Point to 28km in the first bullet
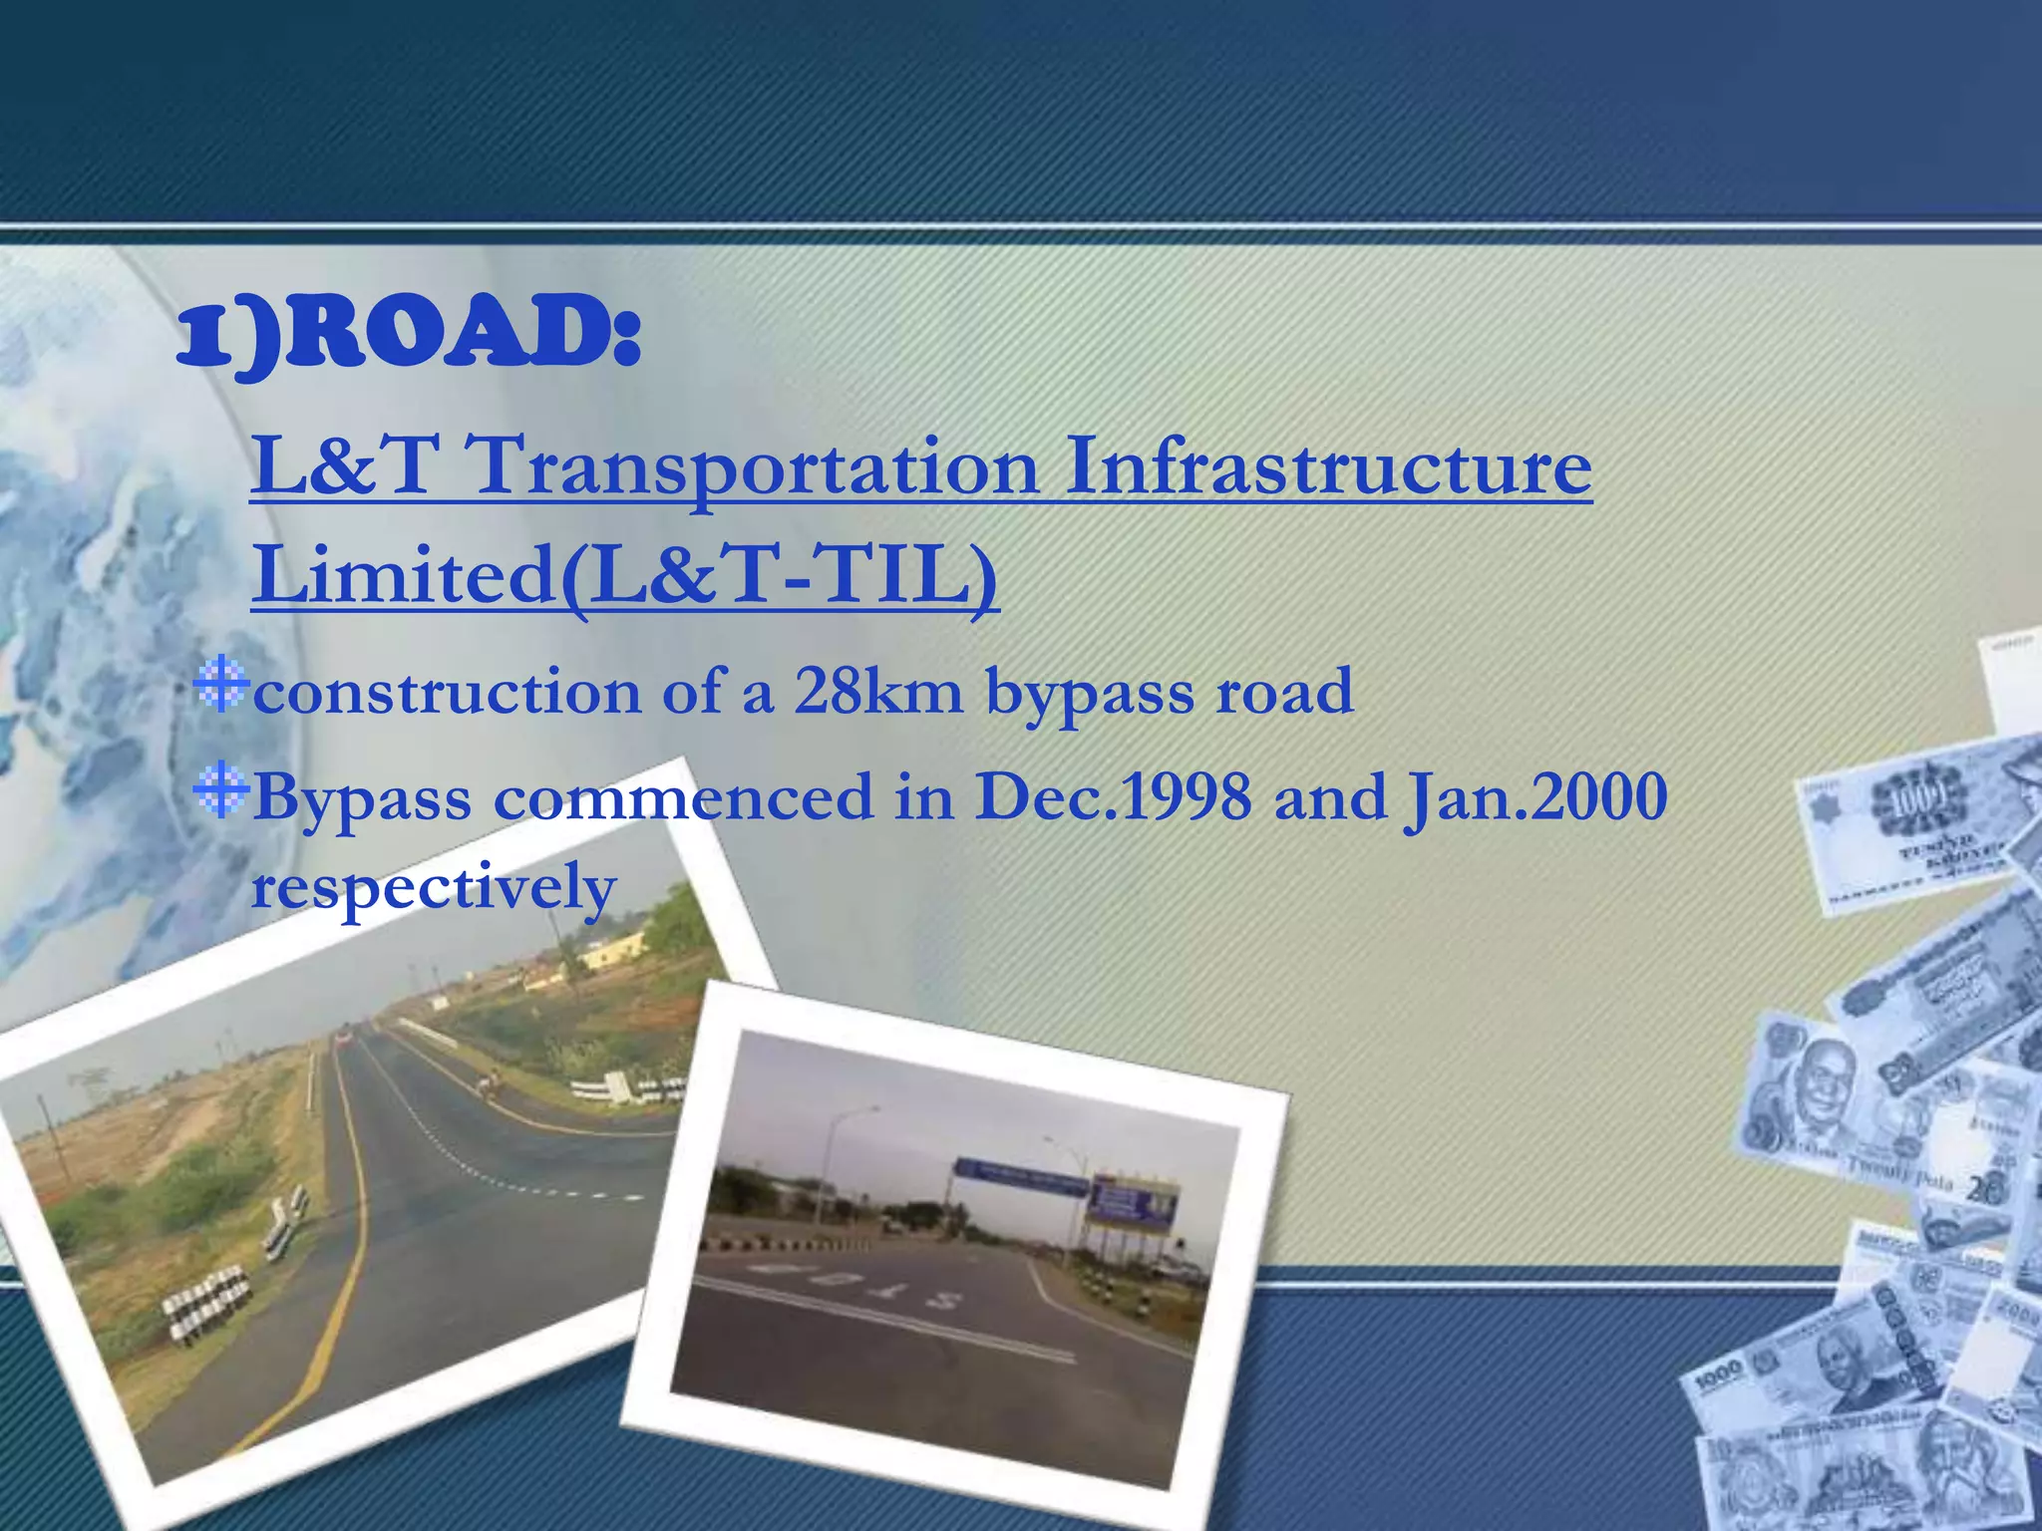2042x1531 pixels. pos(877,692)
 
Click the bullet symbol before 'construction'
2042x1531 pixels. pos(220,685)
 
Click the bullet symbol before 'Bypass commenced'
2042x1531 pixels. pos(220,791)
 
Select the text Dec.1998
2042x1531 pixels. pos(1113,797)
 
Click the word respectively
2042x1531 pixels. pos(434,886)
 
